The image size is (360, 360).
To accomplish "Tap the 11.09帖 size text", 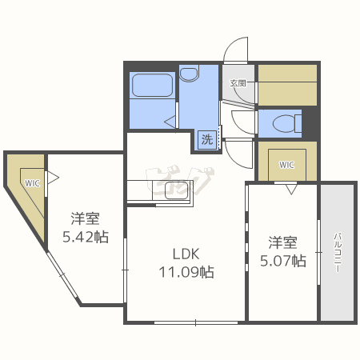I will [185, 271].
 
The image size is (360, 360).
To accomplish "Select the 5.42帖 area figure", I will [85, 236].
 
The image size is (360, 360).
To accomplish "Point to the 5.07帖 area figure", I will [284, 260].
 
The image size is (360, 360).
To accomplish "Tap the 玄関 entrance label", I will [238, 82].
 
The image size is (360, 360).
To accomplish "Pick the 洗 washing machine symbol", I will [206, 139].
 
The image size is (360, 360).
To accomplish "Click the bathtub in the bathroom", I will [152, 86].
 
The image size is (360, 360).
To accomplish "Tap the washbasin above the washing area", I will [189, 74].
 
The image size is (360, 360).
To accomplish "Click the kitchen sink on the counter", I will [175, 191].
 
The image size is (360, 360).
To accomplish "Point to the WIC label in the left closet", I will [32, 182].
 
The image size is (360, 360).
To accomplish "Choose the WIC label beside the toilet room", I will [286, 165].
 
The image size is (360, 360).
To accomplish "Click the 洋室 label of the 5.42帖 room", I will [85, 218].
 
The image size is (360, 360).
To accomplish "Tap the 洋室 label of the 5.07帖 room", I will [284, 242].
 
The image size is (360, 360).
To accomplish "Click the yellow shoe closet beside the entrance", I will [286, 84].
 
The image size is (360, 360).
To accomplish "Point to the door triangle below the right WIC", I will [290, 190].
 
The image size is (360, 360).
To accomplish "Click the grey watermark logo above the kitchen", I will [180, 177].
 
